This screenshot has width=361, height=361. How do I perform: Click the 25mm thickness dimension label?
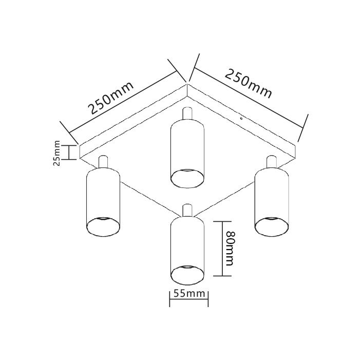[57, 153]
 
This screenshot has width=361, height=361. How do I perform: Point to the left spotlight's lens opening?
[104, 224]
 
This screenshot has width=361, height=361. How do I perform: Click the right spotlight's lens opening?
[272, 225]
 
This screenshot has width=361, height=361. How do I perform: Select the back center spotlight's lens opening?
[187, 177]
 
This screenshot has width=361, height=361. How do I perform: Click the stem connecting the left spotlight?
[103, 162]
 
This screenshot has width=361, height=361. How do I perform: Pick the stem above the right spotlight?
[272, 161]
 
